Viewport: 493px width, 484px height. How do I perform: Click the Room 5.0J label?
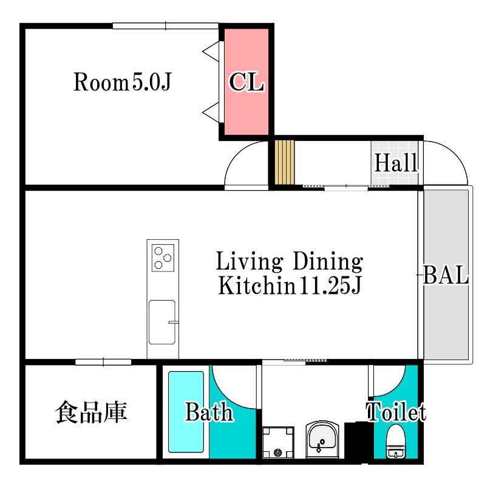pyautogui.click(x=122, y=82)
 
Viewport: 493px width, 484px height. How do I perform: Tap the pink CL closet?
pyautogui.click(x=246, y=82)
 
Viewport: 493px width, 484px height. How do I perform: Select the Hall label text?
pyautogui.click(x=396, y=163)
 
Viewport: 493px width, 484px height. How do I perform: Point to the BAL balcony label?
pyautogui.click(x=446, y=275)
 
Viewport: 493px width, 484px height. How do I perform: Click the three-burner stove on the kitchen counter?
pyautogui.click(x=163, y=258)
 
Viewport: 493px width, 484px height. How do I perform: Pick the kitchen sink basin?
pyautogui.click(x=162, y=322)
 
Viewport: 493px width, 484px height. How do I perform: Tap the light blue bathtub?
pyautogui.click(x=186, y=412)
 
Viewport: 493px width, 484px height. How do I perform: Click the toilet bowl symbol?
pyautogui.click(x=396, y=441)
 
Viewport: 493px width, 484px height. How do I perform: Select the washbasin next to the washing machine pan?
pyautogui.click(x=322, y=439)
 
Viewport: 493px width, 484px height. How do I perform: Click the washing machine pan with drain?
pyautogui.click(x=278, y=442)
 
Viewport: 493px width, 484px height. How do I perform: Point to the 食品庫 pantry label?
pyautogui.click(x=91, y=412)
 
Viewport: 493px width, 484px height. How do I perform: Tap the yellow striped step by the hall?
pyautogui.click(x=285, y=162)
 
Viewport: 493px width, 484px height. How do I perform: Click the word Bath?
pyautogui.click(x=209, y=412)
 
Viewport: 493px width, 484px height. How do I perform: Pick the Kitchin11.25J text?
pyautogui.click(x=290, y=285)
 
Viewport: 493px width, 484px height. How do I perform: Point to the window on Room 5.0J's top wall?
pyautogui.click(x=166, y=26)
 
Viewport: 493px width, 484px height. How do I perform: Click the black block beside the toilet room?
pyautogui.click(x=359, y=441)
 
